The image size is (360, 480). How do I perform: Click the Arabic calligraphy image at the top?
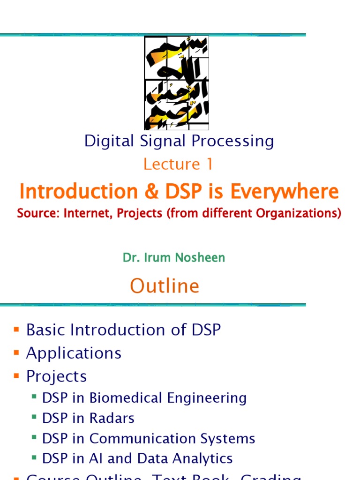pyautogui.click(x=176, y=83)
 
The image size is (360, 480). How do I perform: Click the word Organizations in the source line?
pyautogui.click(x=299, y=213)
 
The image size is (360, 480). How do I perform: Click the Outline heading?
pyautogui.click(x=165, y=285)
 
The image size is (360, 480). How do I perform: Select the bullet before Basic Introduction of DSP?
pyautogui.click(x=16, y=330)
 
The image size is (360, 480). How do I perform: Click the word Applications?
pyautogui.click(x=74, y=353)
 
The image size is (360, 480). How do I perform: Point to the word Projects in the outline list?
pyautogui.click(x=56, y=376)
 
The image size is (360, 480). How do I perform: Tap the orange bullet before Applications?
pyautogui.click(x=16, y=352)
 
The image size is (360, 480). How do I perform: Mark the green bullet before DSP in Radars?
pyautogui.click(x=34, y=417)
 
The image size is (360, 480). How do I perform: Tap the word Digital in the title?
pyautogui.click(x=105, y=141)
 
